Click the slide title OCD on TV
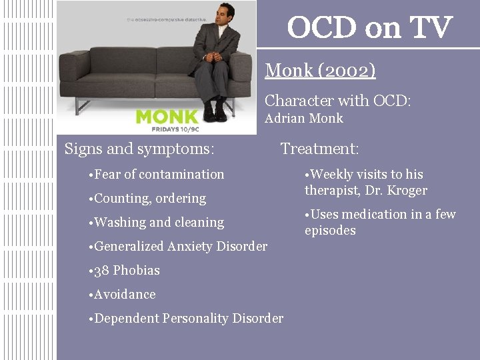click(369, 28)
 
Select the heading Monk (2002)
click(320, 70)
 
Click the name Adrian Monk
click(304, 119)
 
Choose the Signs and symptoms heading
click(139, 149)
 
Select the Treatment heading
click(319, 149)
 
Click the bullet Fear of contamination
click(159, 175)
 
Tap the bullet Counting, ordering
click(150, 199)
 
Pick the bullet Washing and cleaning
click(159, 223)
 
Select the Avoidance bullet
click(125, 295)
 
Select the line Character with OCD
click(338, 101)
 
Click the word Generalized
click(129, 247)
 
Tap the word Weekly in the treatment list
click(331, 175)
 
